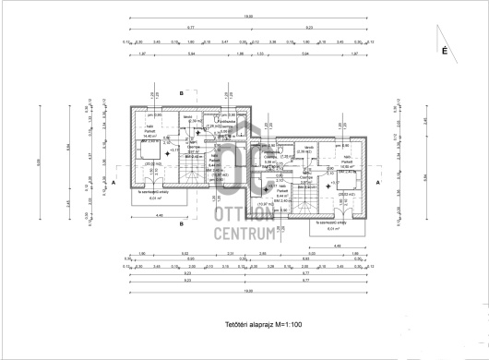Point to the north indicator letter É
point(444,53)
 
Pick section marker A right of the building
point(377,184)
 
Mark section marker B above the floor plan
point(182,93)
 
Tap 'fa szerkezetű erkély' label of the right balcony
point(329,222)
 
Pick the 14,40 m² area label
point(149,136)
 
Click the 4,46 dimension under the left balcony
point(160,216)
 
